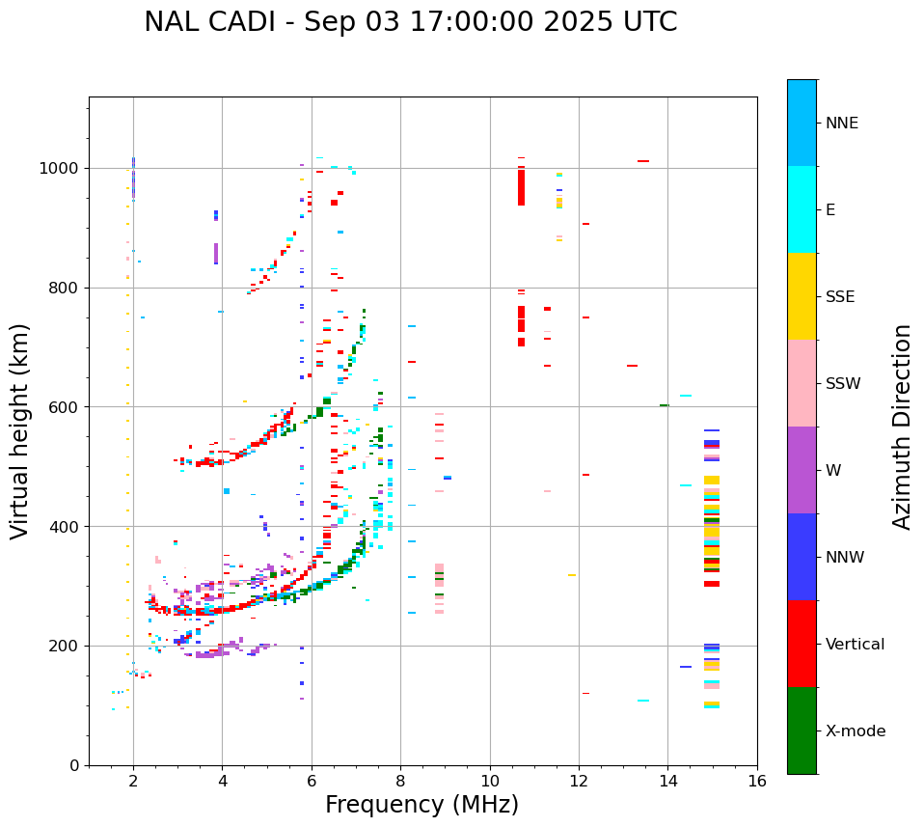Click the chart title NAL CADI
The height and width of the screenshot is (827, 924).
tap(410, 22)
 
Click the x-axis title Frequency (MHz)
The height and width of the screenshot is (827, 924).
tap(421, 805)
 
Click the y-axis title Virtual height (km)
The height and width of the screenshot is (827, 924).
tap(20, 430)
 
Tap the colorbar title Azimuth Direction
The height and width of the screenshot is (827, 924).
tap(902, 426)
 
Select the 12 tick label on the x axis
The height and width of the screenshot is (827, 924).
tap(579, 780)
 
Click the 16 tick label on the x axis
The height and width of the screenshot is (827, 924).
tap(757, 780)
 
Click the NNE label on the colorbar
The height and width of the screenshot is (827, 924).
tap(841, 124)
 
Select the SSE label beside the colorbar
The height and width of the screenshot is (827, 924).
tap(839, 297)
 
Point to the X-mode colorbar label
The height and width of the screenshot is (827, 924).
tap(855, 731)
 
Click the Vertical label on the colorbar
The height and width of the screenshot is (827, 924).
tap(855, 645)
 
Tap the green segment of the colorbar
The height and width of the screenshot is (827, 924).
tap(802, 731)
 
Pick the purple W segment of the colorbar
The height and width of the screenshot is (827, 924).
tap(802, 470)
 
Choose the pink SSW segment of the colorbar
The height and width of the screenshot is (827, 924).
tap(802, 383)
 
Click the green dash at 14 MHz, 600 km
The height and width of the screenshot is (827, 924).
tap(664, 405)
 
